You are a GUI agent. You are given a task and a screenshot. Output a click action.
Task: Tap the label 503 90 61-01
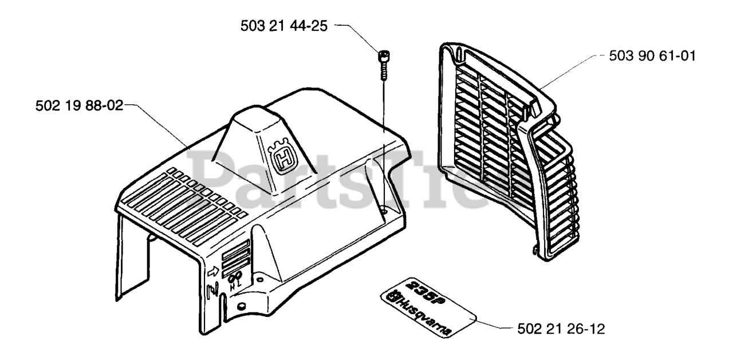(x=651, y=57)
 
